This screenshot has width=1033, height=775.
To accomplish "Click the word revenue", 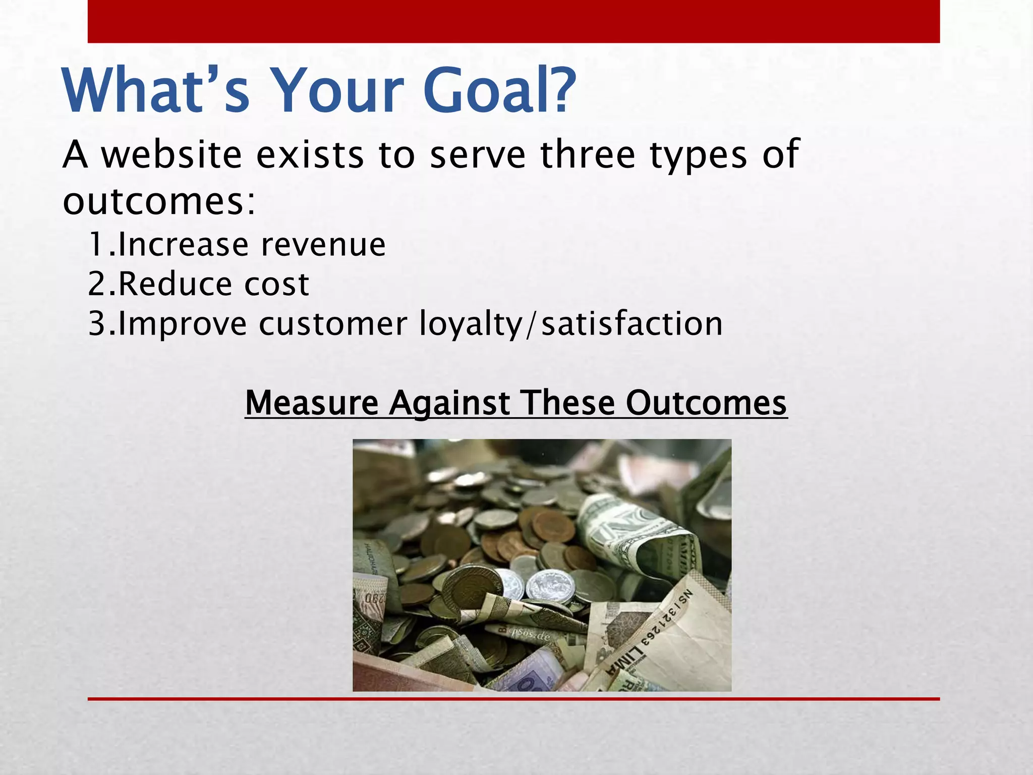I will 323,245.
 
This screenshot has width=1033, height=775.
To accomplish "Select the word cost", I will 276,284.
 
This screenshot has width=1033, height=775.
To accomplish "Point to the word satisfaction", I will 632,323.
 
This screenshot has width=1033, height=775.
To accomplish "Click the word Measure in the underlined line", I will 311,403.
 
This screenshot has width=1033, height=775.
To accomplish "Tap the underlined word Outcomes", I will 706,403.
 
